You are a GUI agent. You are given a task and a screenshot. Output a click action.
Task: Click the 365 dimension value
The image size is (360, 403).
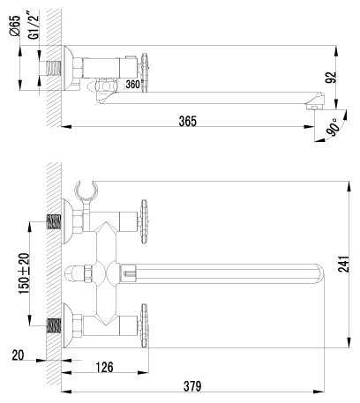[188, 121]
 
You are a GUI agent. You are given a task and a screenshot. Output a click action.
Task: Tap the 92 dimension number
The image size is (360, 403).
[332, 77]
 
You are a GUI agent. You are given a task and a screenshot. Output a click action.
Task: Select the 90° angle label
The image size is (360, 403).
[334, 127]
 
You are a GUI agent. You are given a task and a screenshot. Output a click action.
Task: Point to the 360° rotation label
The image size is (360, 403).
[133, 85]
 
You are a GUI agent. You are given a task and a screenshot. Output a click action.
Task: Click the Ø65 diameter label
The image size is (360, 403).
[15, 26]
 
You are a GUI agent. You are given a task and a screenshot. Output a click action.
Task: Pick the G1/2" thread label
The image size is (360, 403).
[34, 26]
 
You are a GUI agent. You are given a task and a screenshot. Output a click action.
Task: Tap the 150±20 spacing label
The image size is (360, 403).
[25, 273]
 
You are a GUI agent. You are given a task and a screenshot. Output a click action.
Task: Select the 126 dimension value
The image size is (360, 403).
[104, 367]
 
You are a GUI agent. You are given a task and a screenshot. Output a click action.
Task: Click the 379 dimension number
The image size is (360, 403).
[192, 386]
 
